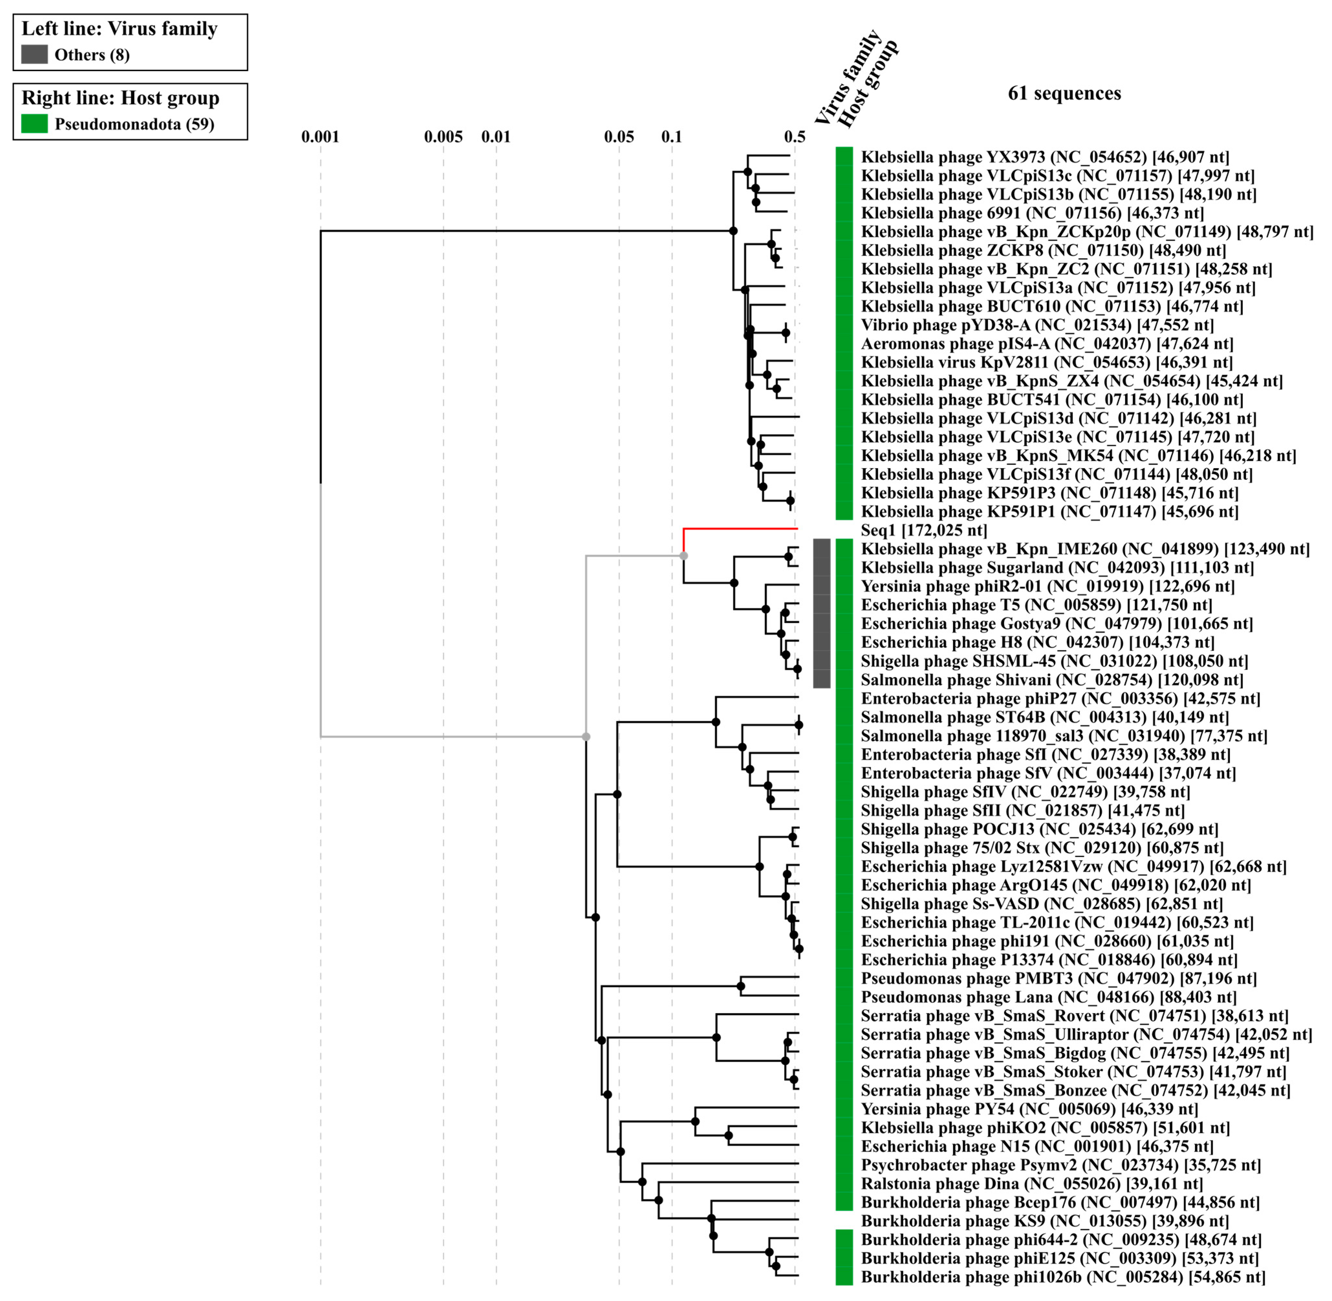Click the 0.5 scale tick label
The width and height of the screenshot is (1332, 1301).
click(794, 137)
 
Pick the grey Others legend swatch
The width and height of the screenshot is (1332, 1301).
click(34, 55)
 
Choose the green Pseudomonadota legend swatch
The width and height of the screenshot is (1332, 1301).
click(34, 124)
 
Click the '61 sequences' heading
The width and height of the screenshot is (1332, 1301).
click(1064, 94)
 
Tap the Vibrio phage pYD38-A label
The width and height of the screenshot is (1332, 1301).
click(1037, 325)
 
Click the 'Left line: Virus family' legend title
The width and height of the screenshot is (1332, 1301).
click(120, 29)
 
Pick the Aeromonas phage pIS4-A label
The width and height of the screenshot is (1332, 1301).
click(1046, 344)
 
